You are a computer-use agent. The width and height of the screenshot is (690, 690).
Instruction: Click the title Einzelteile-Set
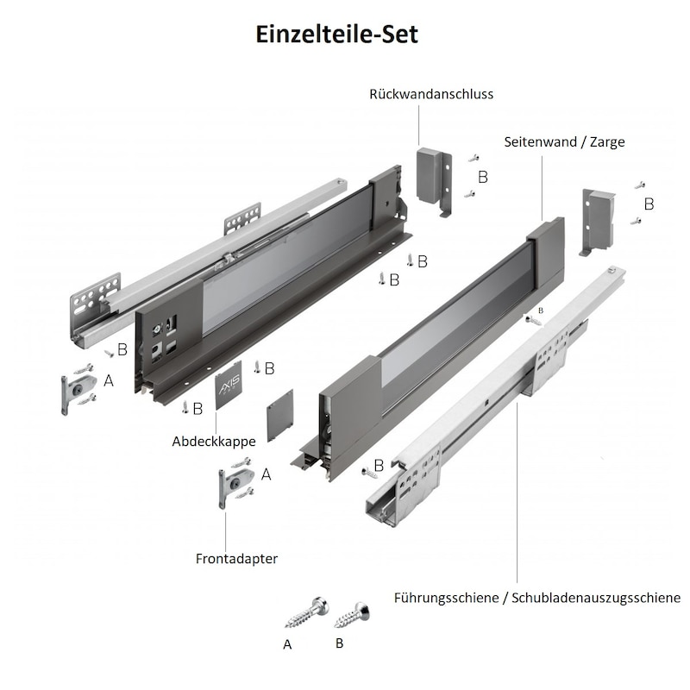coord(336,34)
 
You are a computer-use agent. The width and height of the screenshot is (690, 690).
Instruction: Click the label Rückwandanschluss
coord(431,94)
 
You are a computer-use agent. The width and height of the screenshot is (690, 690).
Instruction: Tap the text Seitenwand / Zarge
coord(564,141)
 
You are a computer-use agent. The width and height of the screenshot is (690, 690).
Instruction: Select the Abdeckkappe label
coord(214,442)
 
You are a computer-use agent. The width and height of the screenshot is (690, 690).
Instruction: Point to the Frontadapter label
coord(236,558)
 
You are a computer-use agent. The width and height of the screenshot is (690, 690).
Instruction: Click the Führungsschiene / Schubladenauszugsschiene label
coord(536,598)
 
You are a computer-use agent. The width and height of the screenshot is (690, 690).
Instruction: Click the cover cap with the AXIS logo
coord(229,385)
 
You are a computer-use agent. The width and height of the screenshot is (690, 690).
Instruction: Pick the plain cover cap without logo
coord(279,415)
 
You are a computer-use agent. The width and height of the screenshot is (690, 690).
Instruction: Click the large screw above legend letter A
coord(307,612)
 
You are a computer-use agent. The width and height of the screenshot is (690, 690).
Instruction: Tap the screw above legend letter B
coord(352,615)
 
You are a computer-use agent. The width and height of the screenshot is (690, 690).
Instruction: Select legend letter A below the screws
coord(287,644)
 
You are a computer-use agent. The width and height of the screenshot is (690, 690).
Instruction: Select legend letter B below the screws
coord(339,643)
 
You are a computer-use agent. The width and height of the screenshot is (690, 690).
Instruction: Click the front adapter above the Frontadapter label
coord(235,484)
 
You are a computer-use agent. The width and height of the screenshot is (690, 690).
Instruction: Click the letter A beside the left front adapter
coord(109,380)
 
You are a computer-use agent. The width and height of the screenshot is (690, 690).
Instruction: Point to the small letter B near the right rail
coord(541,310)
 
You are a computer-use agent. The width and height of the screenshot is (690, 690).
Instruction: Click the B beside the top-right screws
coord(649,204)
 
